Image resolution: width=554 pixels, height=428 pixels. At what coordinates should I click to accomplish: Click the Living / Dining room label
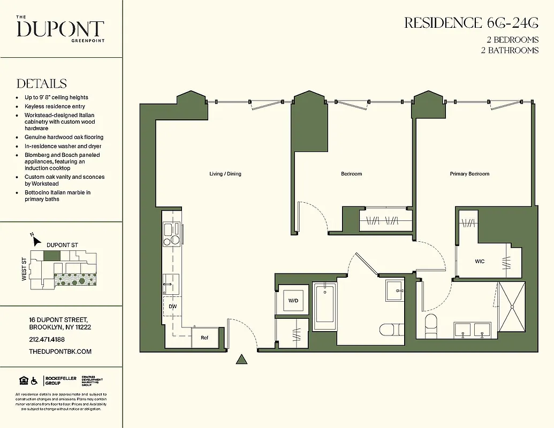tap(225, 174)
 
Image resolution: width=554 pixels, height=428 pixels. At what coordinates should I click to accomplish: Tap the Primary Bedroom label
tap(469, 174)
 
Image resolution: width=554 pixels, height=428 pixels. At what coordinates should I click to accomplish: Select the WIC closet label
tap(480, 261)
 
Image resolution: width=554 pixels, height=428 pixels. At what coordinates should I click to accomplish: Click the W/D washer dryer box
tap(293, 301)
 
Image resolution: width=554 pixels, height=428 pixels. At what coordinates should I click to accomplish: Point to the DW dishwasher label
tap(172, 307)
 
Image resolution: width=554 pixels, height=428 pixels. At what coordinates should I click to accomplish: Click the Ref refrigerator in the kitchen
tap(204, 338)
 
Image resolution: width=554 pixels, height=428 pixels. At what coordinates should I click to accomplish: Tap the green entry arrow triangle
tap(242, 360)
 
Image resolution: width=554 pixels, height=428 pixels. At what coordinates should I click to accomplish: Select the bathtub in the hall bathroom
tap(324, 307)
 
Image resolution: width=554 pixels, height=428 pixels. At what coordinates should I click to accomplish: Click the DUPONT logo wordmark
tap(60, 29)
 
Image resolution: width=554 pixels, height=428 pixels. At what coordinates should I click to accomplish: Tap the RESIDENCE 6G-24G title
tap(471, 23)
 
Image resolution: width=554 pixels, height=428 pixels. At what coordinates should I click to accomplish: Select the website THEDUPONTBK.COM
tap(60, 351)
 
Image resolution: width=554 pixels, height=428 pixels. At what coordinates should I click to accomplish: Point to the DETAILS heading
tap(42, 84)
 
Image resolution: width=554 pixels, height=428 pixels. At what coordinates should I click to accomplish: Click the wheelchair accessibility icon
tap(34, 381)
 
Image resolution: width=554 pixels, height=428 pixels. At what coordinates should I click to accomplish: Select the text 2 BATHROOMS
tap(510, 50)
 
